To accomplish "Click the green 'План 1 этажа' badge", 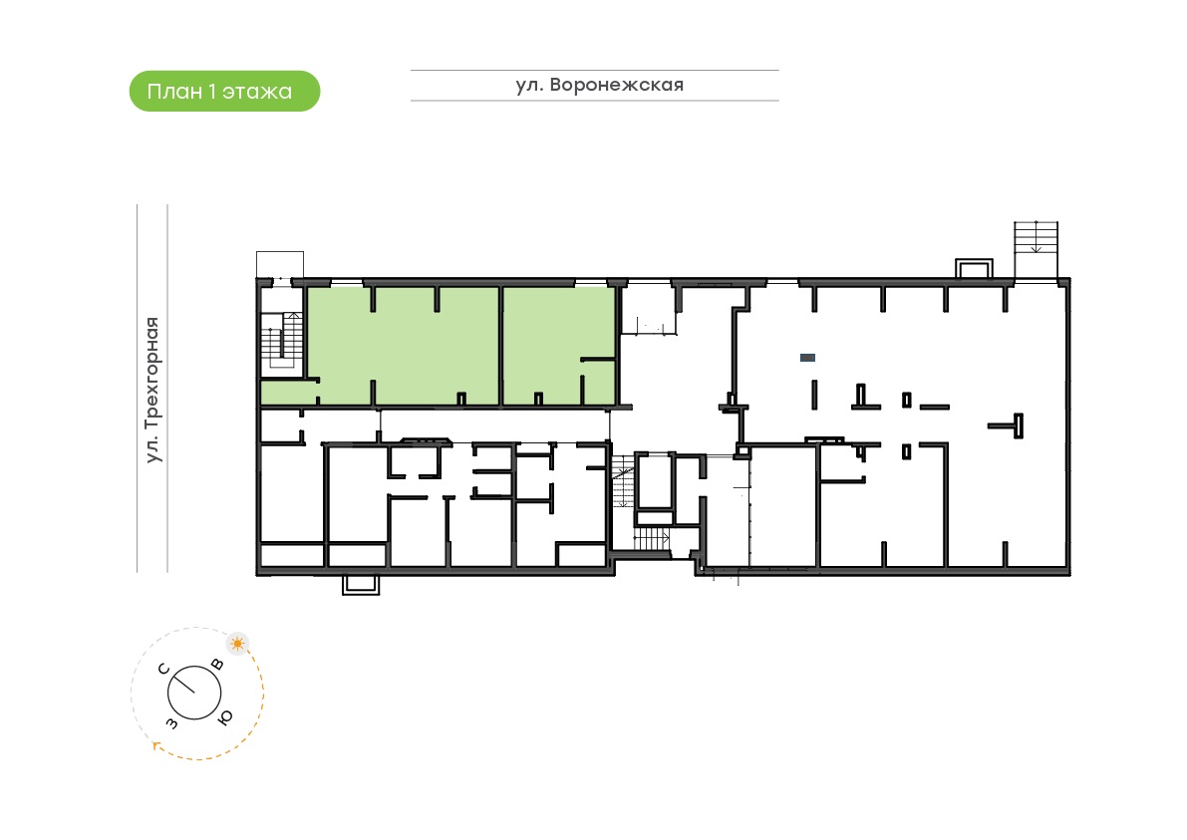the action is [225, 91].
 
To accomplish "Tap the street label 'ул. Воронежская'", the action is [600, 85].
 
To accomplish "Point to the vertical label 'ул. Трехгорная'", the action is [152, 390].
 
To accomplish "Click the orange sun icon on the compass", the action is [238, 644].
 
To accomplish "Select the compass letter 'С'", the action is [163, 669].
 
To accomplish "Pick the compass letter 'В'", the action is [217, 665].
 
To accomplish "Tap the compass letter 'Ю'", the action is [225, 717].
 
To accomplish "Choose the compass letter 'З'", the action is [171, 723].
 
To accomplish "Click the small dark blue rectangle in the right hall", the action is [807, 357].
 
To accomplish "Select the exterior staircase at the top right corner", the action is [1036, 250].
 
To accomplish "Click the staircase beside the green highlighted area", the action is [282, 344].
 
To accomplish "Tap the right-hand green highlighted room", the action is [559, 346].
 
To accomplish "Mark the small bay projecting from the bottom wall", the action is [361, 584].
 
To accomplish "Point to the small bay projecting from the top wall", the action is [974, 269].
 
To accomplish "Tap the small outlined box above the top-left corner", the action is [280, 265].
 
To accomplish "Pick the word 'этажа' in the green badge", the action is [256, 92].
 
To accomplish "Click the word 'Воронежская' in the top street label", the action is [617, 85].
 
